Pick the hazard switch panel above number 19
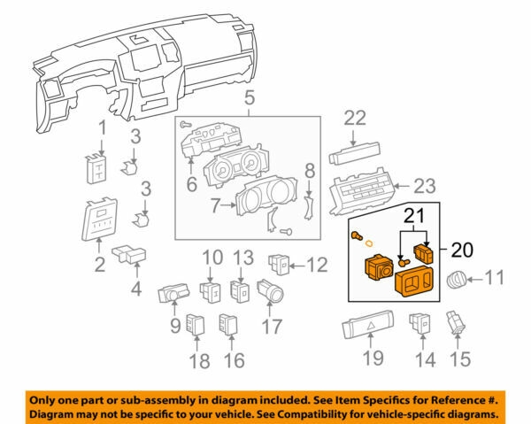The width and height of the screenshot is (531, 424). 372,331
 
